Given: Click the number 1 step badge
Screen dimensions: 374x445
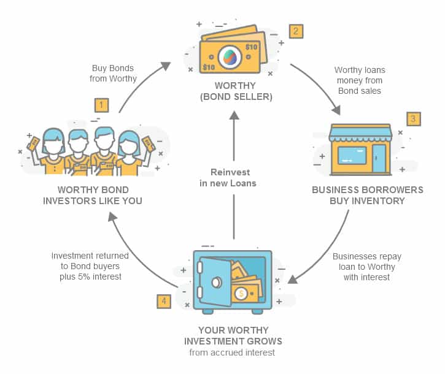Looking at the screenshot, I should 102,105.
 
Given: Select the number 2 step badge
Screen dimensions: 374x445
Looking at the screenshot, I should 296,31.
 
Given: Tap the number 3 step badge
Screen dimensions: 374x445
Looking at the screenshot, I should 414,119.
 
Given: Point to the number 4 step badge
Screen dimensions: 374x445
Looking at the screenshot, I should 163,301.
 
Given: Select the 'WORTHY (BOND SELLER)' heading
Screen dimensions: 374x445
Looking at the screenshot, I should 233,91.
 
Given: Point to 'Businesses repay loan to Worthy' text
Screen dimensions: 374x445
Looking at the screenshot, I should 364,267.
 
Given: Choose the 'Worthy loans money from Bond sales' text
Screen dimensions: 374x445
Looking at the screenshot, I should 358,81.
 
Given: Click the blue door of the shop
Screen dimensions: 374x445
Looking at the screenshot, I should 379,158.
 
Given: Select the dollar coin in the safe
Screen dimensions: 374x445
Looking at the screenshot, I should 242,294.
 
